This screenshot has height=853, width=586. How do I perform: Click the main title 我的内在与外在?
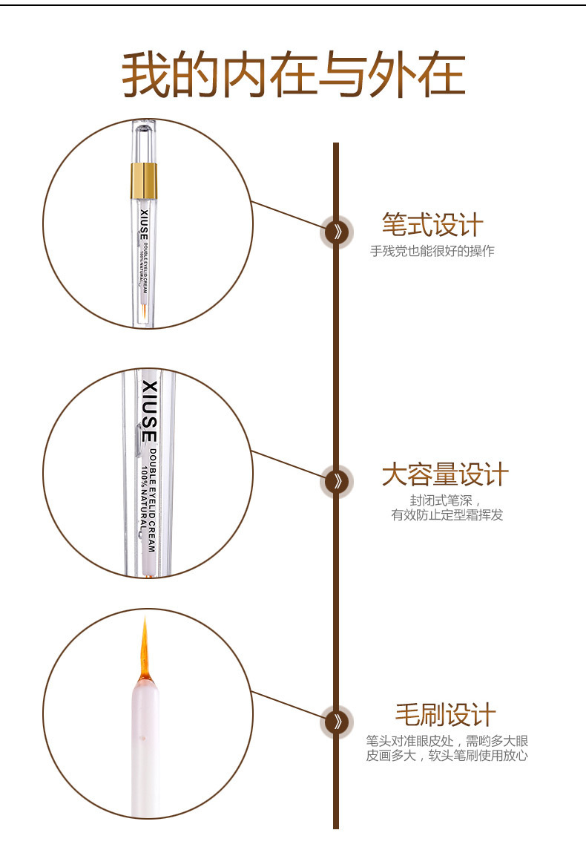[293, 75]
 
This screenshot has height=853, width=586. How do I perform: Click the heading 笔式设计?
[432, 225]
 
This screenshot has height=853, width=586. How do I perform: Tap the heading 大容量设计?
[445, 474]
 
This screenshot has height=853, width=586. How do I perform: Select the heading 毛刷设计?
[445, 715]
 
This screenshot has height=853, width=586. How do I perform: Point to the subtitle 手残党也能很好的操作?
[432, 251]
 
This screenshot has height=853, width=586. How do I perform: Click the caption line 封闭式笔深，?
[446, 500]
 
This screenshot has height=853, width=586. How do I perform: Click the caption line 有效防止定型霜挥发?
[447, 514]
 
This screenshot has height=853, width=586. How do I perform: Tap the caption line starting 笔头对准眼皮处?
[447, 741]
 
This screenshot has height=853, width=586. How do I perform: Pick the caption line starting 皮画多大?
[447, 756]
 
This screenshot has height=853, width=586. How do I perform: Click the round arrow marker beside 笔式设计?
[336, 232]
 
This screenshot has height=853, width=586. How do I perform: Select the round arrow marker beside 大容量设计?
[336, 481]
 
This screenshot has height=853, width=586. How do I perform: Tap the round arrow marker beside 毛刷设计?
[336, 721]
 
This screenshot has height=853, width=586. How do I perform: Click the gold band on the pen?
[145, 177]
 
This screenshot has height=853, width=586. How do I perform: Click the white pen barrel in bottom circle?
[145, 742]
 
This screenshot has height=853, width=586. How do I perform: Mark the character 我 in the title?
[146, 75]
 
